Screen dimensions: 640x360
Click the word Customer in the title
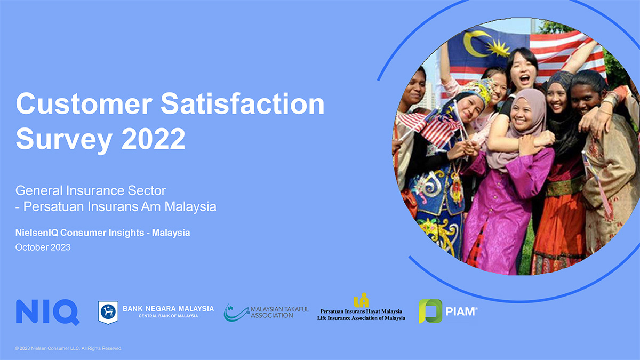tap(84, 103)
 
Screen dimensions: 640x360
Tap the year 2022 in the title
tap(154, 139)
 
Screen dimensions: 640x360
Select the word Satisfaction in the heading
tap(243, 103)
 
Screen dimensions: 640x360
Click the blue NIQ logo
tap(47, 313)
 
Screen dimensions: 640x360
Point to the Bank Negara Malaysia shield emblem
tap(108, 313)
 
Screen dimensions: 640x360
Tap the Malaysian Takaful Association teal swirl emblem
tap(236, 313)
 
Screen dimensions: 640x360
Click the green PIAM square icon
tap(430, 311)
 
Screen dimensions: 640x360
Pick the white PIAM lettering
tap(460, 311)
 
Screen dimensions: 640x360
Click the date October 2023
tap(43, 247)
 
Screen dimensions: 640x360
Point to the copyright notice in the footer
tap(69, 348)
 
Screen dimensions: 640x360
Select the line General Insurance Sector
tap(91, 190)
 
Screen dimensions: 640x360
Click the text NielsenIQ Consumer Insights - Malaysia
tap(102, 233)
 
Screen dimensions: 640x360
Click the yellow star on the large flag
tap(499, 48)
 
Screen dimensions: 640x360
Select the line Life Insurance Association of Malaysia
tap(361, 318)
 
